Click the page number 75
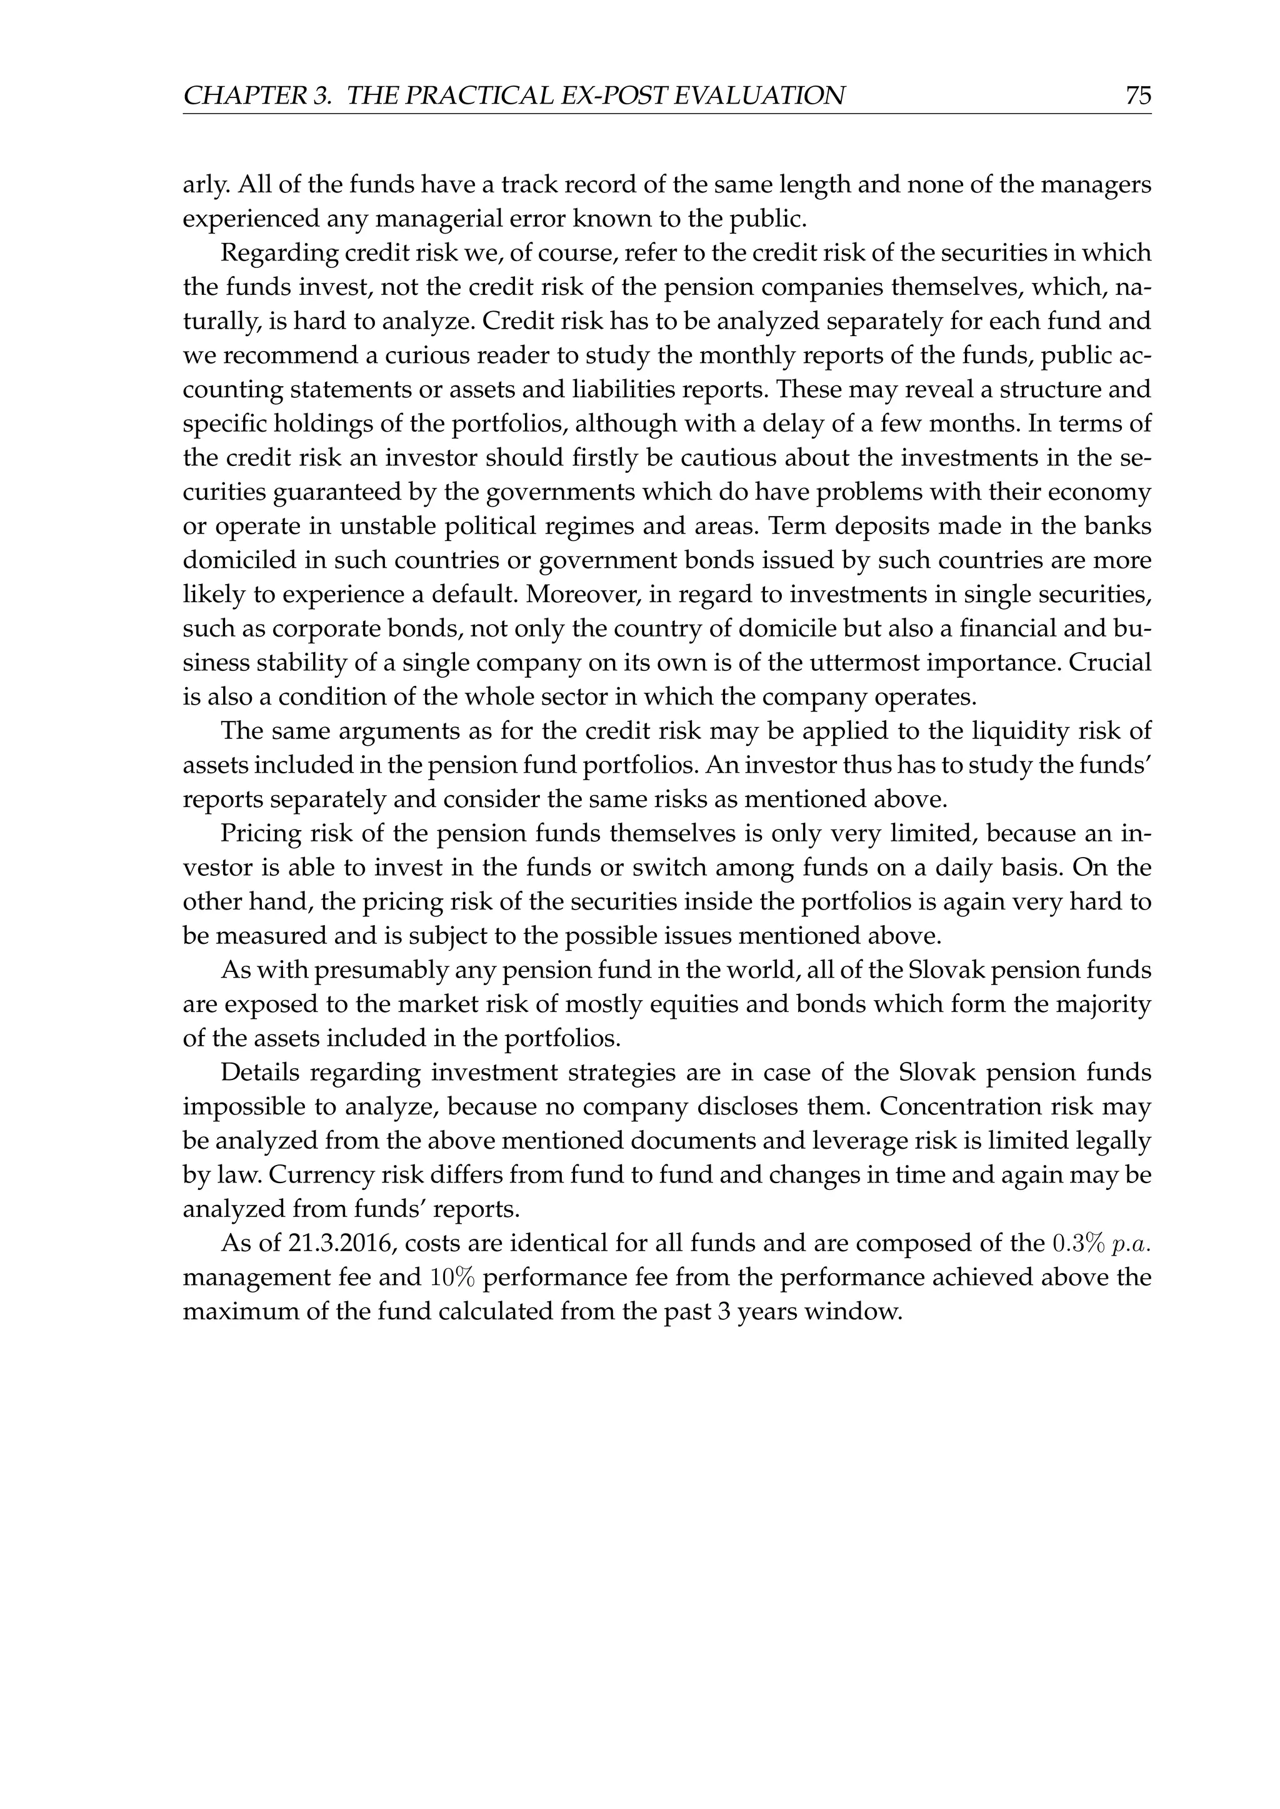coord(1138,96)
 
